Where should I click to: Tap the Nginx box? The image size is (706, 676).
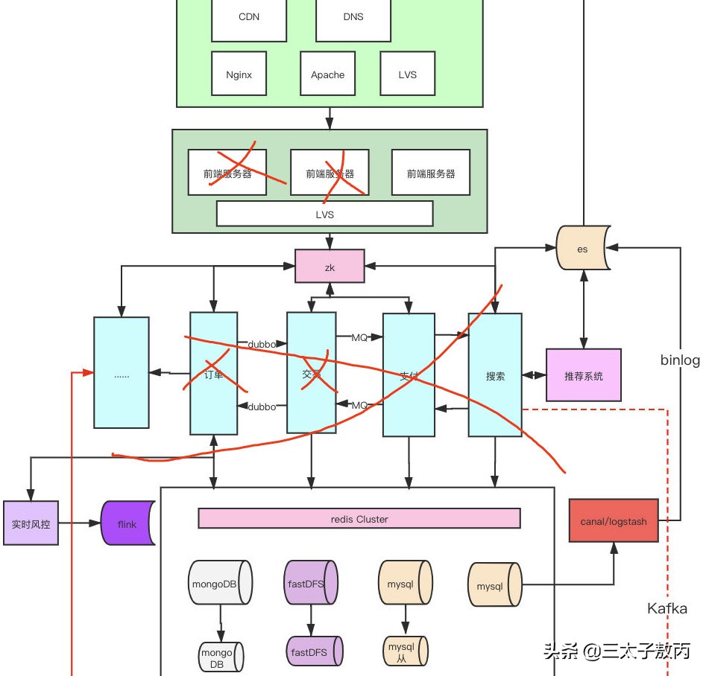tap(239, 74)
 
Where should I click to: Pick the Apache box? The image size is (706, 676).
tap(327, 74)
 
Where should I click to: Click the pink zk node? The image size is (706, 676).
tap(330, 267)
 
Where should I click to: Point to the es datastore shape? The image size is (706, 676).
tap(582, 249)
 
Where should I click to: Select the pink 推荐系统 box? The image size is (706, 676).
tap(584, 375)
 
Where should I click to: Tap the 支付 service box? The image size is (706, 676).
tap(409, 374)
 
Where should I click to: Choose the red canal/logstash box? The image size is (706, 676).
tap(614, 520)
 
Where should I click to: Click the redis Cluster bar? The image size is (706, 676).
tap(359, 519)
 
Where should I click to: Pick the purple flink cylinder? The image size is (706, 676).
tap(127, 524)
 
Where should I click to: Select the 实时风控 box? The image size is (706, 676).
tap(31, 523)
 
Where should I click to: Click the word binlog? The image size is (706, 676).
tap(680, 360)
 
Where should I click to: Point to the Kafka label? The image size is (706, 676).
tap(666, 609)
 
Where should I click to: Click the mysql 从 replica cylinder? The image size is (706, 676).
tap(405, 651)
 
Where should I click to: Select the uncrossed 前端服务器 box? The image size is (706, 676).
tap(431, 173)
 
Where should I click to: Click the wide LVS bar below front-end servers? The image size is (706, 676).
tap(324, 214)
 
